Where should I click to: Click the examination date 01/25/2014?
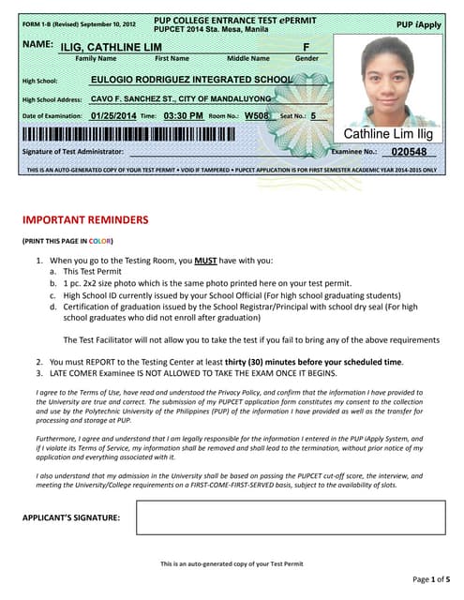click(113, 116)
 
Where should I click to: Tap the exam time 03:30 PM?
click(183, 116)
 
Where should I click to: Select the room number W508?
click(258, 116)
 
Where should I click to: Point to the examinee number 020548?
click(409, 152)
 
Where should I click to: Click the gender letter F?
click(306, 46)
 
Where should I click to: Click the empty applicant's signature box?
click(290, 517)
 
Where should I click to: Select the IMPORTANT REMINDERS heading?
click(85, 220)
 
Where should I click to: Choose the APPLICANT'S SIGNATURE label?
click(70, 517)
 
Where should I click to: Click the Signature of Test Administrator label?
click(72, 152)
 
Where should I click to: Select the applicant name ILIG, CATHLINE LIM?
click(104, 46)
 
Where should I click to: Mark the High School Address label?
click(52, 99)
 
